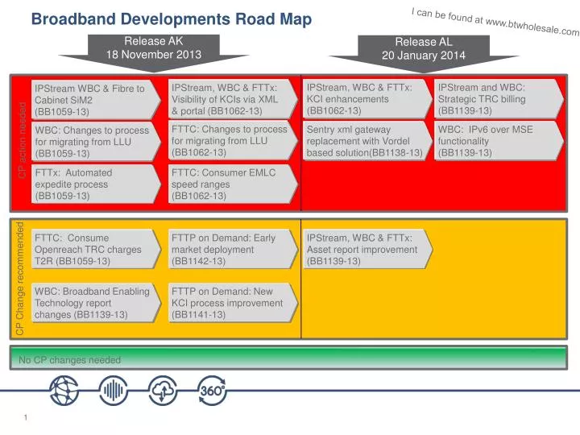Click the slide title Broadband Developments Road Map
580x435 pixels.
(171, 20)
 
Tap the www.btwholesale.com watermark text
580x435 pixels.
(495, 22)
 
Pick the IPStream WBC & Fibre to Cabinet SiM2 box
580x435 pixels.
(93, 100)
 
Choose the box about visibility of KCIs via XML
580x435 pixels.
(230, 98)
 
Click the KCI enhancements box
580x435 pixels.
(364, 98)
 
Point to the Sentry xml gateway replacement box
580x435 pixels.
(364, 140)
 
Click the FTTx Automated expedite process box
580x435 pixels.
(93, 184)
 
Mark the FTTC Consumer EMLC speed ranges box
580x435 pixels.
(230, 184)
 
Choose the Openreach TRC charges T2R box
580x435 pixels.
(93, 250)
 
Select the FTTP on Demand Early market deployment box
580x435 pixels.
(230, 250)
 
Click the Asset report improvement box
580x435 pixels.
(364, 250)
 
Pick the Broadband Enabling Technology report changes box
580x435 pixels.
(93, 303)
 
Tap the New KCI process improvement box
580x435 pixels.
(230, 303)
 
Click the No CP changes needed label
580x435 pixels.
(70, 360)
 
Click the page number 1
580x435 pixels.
(27, 416)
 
